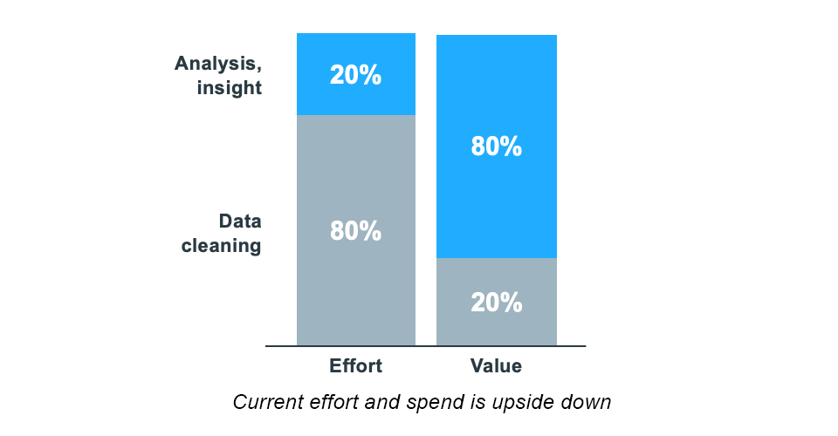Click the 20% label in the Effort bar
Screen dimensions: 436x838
pyautogui.click(x=355, y=75)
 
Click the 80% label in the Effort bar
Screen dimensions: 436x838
pyautogui.click(x=355, y=231)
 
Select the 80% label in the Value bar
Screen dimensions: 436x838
pyautogui.click(x=496, y=146)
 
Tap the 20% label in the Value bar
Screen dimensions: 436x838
pyautogui.click(x=496, y=303)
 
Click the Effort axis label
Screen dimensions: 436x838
pyautogui.click(x=355, y=366)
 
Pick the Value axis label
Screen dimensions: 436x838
pyautogui.click(x=496, y=366)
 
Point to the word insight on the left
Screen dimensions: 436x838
pyautogui.click(x=230, y=88)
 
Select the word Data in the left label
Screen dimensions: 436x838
pyautogui.click(x=240, y=221)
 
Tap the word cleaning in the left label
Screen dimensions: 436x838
pyautogui.click(x=221, y=246)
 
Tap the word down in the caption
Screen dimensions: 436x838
pyautogui.click(x=589, y=403)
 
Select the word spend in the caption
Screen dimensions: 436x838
pyautogui.click(x=433, y=403)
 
